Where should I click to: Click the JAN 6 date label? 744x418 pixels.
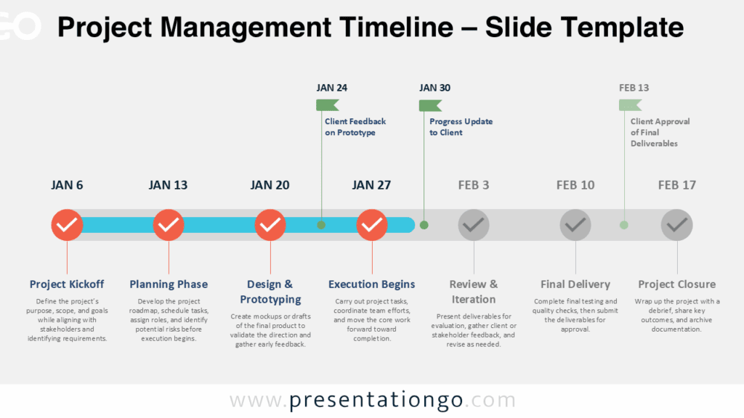tap(67, 185)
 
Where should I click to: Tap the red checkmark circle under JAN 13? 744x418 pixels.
tap(169, 226)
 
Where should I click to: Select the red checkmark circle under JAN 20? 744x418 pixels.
tap(270, 226)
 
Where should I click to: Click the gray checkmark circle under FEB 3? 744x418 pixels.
tap(474, 226)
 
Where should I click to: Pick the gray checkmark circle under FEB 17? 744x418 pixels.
tap(677, 226)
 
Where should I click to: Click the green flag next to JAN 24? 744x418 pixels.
tap(327, 105)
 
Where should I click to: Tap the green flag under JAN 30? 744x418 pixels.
tap(430, 105)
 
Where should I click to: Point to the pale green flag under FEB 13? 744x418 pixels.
tap(630, 105)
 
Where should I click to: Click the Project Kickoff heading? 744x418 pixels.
tap(67, 284)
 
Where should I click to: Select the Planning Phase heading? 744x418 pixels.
tap(169, 284)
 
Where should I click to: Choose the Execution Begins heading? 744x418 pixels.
tap(372, 284)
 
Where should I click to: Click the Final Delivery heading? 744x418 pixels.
tap(575, 284)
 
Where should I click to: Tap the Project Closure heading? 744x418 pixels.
tap(677, 284)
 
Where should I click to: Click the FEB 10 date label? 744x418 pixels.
tap(575, 185)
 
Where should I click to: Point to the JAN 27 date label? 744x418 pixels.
tap(372, 185)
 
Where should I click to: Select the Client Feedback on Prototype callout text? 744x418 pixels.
tap(355, 127)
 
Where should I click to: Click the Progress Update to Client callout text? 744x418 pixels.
tap(461, 127)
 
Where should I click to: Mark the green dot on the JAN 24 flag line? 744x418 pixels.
tap(321, 225)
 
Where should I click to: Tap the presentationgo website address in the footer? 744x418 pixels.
tap(373, 401)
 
